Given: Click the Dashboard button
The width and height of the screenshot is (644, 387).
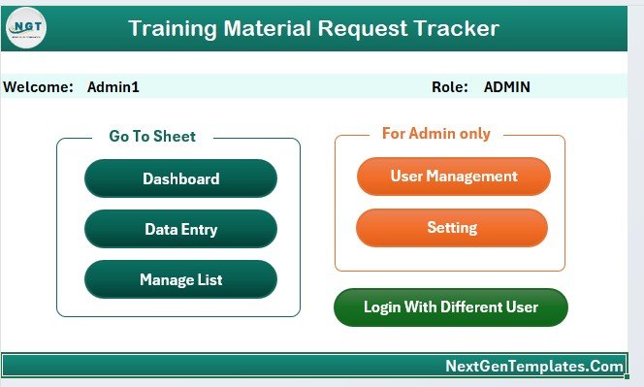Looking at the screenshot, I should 180,178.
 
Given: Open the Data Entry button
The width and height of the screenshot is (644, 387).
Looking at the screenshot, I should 180,230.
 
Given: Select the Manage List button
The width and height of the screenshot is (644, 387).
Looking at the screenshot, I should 180,280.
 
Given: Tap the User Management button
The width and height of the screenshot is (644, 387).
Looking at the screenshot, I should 453,177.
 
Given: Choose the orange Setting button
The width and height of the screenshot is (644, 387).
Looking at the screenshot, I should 452,228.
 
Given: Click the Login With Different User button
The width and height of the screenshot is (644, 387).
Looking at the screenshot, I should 450,307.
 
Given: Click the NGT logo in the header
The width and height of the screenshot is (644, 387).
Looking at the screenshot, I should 26,27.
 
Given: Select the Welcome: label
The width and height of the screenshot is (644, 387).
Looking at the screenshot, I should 39,87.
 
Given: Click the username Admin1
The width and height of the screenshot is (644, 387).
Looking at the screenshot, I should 113,87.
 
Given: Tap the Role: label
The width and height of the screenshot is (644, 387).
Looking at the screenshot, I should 450,87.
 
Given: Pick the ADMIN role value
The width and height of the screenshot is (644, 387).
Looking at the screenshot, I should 507,87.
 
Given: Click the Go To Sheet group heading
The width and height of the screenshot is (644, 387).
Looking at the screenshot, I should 152,137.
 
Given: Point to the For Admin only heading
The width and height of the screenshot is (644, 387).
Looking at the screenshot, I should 436,134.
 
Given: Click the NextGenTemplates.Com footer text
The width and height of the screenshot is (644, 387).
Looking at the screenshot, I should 534,366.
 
